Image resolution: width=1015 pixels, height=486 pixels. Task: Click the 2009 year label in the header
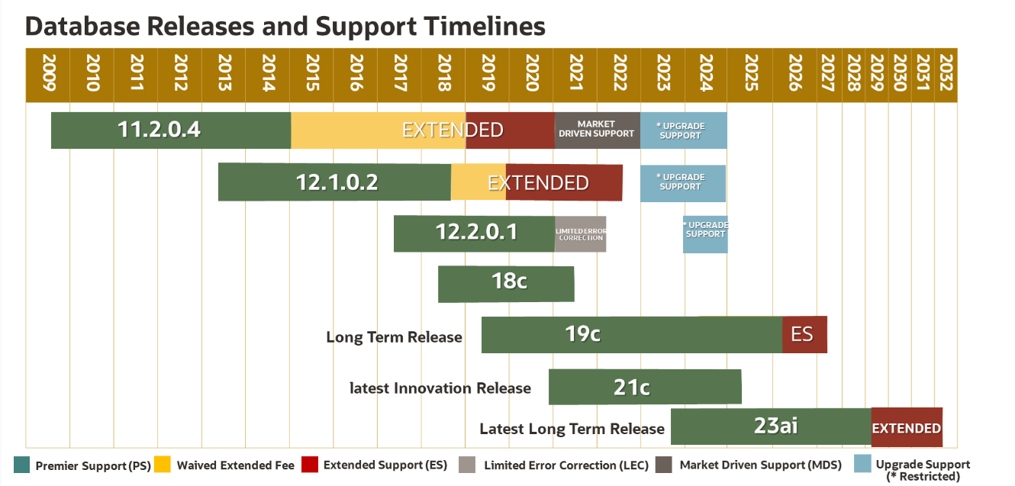(x=48, y=74)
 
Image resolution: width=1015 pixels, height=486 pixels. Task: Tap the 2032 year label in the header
(x=946, y=74)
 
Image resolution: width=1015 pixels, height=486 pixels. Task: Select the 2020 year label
(x=532, y=74)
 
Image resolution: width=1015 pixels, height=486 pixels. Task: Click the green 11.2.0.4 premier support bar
(x=170, y=130)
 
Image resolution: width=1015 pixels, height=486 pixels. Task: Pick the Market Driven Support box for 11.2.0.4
(x=596, y=130)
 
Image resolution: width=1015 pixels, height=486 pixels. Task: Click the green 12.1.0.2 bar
(x=334, y=182)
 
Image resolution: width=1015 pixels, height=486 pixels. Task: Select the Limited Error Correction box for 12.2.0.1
(x=580, y=233)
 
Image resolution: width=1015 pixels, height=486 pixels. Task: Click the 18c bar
(x=506, y=284)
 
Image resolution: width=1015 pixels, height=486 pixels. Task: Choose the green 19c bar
(x=631, y=334)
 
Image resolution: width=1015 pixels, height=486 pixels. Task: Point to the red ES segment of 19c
(x=804, y=334)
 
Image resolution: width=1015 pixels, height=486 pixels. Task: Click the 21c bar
(x=645, y=387)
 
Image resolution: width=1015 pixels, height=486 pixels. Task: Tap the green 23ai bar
(x=771, y=426)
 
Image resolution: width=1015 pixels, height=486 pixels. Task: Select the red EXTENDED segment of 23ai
(x=907, y=427)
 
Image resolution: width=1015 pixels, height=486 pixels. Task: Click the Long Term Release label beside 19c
(x=394, y=337)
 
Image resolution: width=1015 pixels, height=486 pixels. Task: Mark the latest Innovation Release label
(x=440, y=388)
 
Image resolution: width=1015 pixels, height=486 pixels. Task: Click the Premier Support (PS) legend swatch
(x=22, y=465)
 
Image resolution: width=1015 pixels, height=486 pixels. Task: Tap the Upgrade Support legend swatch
(x=862, y=465)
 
